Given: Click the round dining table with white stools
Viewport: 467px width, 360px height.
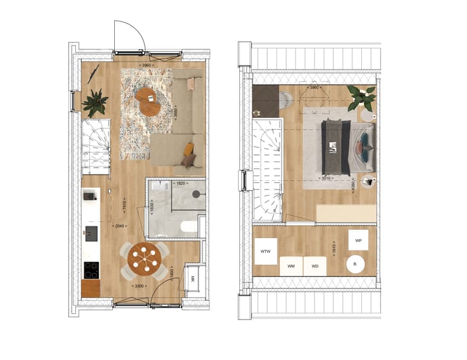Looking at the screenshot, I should pyautogui.click(x=144, y=258).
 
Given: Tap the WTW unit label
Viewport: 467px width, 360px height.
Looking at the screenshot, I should pyautogui.click(x=265, y=251).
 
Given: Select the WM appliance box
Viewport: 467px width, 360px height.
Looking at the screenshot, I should pyautogui.click(x=291, y=266).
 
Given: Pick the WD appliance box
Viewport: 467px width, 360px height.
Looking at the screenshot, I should pyautogui.click(x=315, y=266).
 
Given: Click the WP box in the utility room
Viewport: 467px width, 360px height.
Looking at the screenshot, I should pyautogui.click(x=358, y=239).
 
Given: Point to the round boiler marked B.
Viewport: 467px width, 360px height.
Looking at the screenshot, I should pyautogui.click(x=355, y=265).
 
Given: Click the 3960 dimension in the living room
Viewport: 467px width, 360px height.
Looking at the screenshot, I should pyautogui.click(x=150, y=65).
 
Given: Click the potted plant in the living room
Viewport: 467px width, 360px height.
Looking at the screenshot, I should pyautogui.click(x=96, y=101).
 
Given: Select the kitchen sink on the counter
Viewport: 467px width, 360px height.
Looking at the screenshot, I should pyautogui.click(x=91, y=232).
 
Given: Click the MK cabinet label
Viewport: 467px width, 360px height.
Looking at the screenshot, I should pyautogui.click(x=193, y=280).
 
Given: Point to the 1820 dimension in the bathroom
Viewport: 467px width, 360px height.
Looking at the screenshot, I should pyautogui.click(x=182, y=184).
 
